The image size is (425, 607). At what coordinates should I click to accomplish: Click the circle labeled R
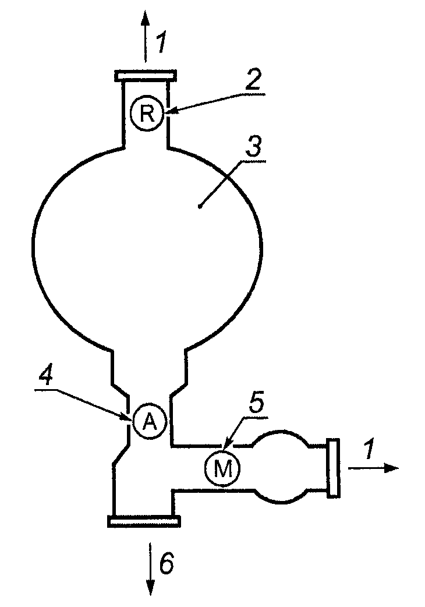(146, 113)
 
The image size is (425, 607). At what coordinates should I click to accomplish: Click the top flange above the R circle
(144, 76)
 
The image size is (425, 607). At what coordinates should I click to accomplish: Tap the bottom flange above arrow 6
(142, 521)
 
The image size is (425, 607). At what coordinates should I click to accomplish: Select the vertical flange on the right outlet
(334, 468)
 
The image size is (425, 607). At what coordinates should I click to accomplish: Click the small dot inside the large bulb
(199, 206)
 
